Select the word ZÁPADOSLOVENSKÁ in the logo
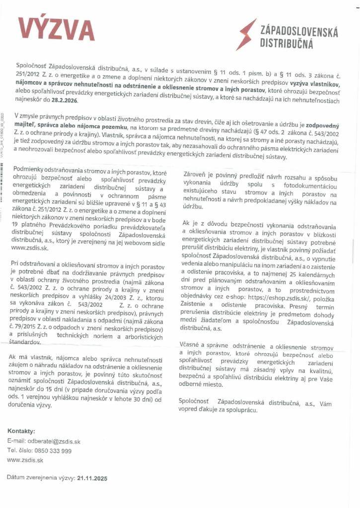pos(299,33)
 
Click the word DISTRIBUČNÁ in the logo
pos(287,44)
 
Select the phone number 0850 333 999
pos(53,450)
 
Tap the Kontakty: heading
pos(21,431)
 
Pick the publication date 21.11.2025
pos(92,479)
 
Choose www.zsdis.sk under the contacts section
pos(25,460)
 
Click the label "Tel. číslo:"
pos(19,450)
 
